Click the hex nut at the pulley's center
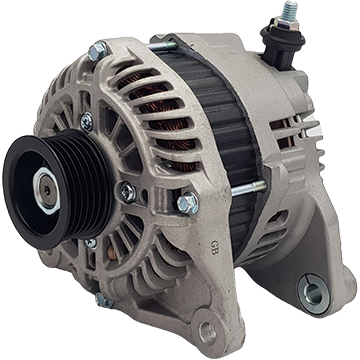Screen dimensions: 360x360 coord(46,190)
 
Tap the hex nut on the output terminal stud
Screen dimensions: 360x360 coord(287,23)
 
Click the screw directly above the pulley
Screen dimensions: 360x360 coord(87,122)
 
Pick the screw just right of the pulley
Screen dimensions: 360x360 coord(128,192)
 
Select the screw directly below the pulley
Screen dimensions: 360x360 coord(91,243)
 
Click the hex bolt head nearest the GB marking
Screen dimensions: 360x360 coord(188,203)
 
